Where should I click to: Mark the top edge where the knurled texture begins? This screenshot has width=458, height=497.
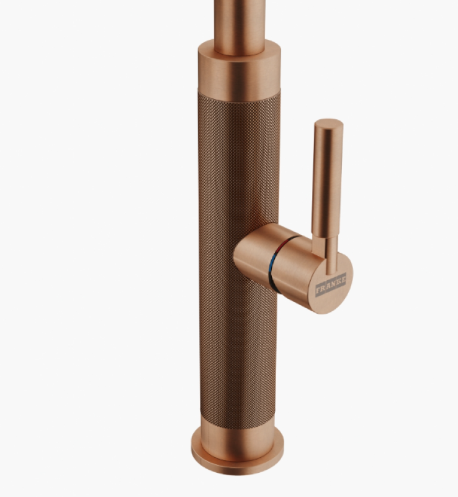pyautogui.click(x=239, y=93)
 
